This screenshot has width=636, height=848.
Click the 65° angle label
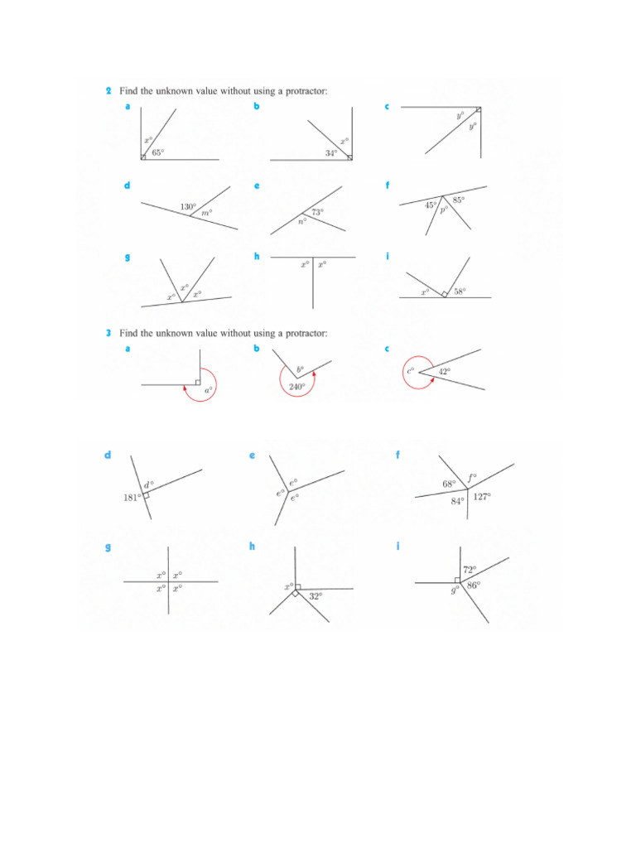point(157,152)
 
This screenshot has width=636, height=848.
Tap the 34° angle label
point(331,153)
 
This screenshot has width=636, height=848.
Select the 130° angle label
point(188,206)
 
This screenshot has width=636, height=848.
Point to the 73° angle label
point(317,212)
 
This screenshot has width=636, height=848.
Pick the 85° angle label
point(459,200)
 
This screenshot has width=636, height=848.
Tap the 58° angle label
point(460,291)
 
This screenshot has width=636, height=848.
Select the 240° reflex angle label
point(297,387)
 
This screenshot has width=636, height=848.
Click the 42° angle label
point(445,372)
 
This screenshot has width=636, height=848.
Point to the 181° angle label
point(132,499)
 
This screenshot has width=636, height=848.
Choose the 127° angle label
point(482,497)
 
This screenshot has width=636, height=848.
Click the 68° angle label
point(450,484)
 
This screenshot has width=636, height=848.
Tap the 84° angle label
point(457,501)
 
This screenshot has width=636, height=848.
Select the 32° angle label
point(315,595)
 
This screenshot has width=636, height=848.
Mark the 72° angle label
point(470,570)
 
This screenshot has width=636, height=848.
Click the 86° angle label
point(473,585)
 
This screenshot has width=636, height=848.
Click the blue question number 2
point(108,91)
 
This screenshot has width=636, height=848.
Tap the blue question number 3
point(108,333)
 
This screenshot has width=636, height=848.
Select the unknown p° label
point(444,210)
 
